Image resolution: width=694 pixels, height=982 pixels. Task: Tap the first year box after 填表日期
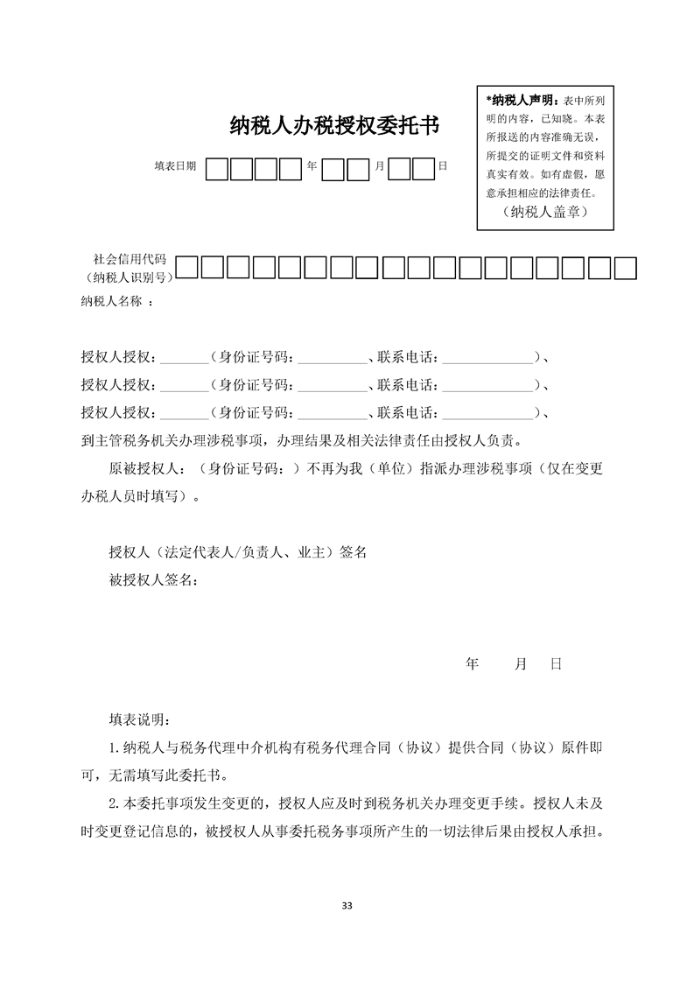pos(217,167)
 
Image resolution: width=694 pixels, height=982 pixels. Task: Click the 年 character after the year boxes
pos(312,166)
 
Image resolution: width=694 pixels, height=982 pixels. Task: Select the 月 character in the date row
pos(378,166)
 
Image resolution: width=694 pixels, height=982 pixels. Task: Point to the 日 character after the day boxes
pos(443,166)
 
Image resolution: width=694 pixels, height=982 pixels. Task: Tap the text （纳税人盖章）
pos(545,212)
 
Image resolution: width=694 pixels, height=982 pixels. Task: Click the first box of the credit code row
pos(187,267)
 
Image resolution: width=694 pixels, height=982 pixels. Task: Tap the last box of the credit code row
pos(625,267)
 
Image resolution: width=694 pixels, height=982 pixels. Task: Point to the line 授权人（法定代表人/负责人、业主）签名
pos(237,552)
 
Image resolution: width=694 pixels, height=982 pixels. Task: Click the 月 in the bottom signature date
pos(521,664)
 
